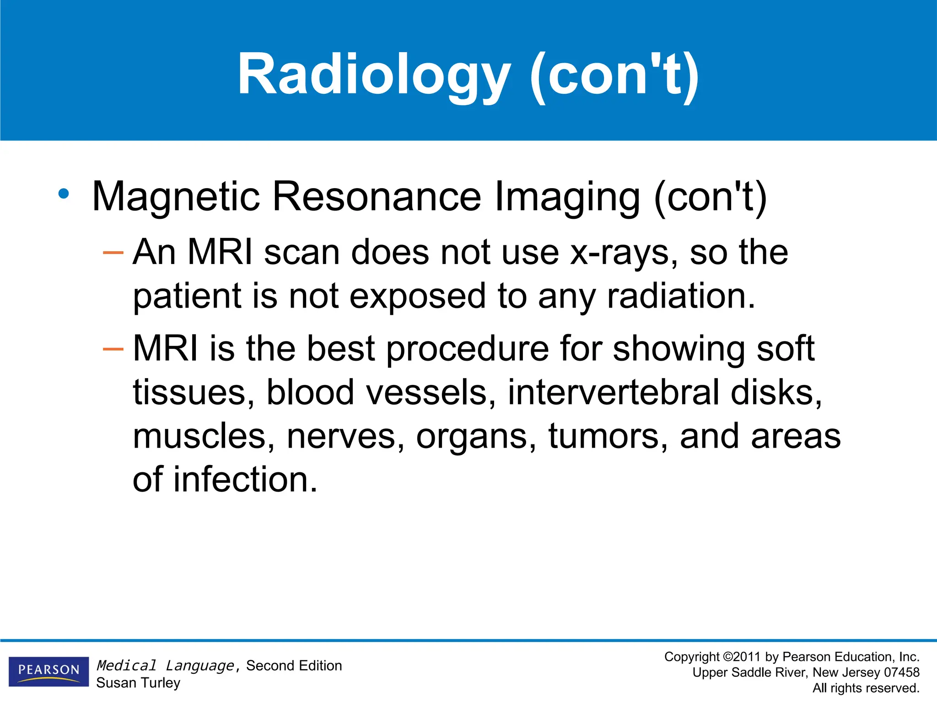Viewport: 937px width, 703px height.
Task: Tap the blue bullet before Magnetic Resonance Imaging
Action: coord(64,194)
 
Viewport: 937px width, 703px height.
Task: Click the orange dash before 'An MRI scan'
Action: coord(113,252)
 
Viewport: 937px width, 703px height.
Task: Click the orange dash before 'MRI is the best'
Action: coord(113,350)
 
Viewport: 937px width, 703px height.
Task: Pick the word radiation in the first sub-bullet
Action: coord(681,296)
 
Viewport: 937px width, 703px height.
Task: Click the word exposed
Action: coord(417,297)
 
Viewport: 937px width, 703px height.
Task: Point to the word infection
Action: coord(245,480)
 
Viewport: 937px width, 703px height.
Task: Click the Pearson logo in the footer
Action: coord(48,671)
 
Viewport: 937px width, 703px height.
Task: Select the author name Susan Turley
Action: coord(138,683)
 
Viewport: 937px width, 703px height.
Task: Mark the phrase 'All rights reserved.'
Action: coord(866,688)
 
